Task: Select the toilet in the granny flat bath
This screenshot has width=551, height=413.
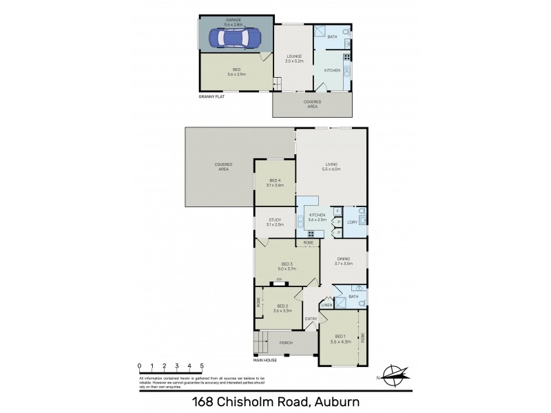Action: pos(346,33)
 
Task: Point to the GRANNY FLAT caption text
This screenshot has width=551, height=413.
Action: pos(212,97)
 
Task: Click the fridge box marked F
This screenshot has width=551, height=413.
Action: pos(336,211)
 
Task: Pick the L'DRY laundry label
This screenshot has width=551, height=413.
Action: pos(351,222)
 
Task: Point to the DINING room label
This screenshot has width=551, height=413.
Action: pos(344,261)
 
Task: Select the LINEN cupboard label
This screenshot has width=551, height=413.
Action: pos(326,306)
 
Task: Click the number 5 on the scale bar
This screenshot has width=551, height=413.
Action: pos(202,366)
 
